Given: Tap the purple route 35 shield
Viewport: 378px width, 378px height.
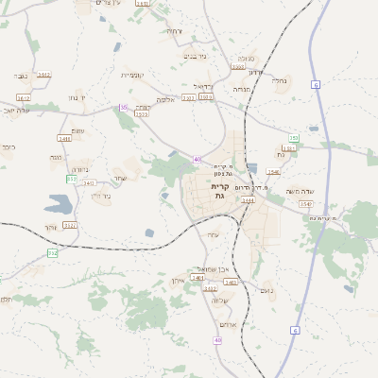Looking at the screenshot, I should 123,108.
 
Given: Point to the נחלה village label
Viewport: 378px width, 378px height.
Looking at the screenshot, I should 280,81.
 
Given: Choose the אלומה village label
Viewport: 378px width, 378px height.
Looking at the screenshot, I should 166,98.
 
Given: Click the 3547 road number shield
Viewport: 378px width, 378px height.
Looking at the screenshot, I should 306,204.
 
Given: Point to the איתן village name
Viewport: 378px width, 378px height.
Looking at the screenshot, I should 179,282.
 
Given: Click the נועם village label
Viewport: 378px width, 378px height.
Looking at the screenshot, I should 266,290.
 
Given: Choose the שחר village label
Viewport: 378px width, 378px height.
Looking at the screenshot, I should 119,179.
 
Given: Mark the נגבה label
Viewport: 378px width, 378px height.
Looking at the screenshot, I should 22,75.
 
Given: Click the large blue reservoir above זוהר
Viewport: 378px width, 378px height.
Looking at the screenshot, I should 59,202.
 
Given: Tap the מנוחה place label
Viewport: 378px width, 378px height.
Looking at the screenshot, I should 241,90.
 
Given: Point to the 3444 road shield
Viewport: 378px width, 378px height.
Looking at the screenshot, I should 249,200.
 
